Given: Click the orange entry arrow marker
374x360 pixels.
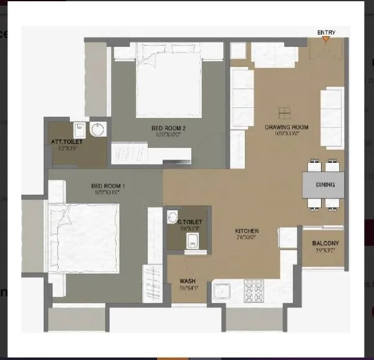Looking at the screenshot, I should [325, 39].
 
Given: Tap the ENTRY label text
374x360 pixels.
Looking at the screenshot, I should [325, 32].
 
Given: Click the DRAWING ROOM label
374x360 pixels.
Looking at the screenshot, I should [287, 127].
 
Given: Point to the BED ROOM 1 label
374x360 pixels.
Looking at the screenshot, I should [108, 185].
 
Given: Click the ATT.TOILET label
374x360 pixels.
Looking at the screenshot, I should [67, 142].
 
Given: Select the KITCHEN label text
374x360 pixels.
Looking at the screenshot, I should [247, 231].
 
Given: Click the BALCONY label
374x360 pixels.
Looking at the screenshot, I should [325, 243].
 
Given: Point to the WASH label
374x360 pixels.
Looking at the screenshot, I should [188, 281].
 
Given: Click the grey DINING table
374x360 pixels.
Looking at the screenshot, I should [324, 185].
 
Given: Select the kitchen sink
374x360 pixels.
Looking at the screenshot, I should [222, 291].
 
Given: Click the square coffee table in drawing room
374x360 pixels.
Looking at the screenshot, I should [284, 113].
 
